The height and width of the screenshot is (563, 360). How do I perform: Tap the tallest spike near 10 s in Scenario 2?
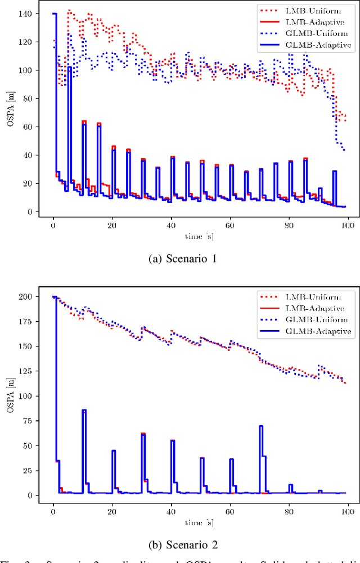point(84,411)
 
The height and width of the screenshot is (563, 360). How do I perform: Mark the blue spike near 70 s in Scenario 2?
point(261,427)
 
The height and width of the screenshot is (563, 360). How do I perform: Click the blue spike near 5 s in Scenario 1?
point(70,67)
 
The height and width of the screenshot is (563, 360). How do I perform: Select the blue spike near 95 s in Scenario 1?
point(334,172)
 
